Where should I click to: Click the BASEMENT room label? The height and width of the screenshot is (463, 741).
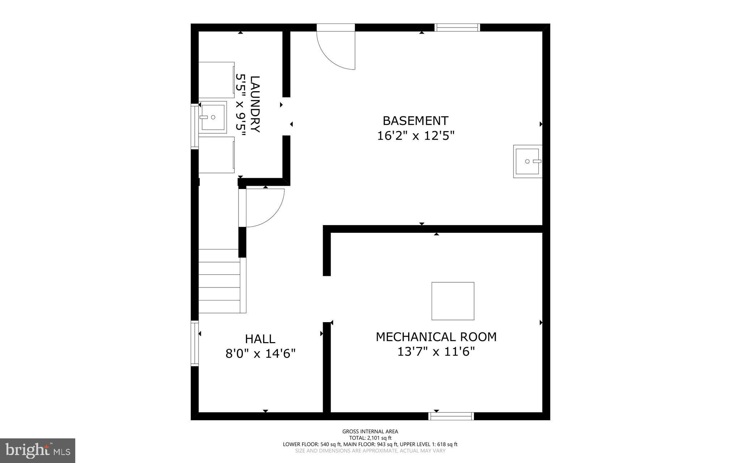tap(415, 121)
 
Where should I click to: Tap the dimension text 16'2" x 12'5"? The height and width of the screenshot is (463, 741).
tap(415, 136)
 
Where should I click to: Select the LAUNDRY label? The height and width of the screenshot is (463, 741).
tap(255, 104)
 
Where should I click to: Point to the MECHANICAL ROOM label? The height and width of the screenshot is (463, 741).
tap(436, 337)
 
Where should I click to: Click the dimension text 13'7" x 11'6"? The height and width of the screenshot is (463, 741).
tap(436, 352)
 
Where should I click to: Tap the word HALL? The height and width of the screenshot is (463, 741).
tap(260, 339)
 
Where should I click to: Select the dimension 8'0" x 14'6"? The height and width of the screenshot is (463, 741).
tap(261, 353)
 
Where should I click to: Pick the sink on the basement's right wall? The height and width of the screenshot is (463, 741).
tap(528, 161)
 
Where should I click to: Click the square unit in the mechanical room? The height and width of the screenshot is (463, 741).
tap(453, 301)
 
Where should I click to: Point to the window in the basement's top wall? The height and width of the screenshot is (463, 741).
tap(457, 28)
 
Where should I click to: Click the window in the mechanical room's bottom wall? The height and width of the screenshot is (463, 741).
tap(451, 416)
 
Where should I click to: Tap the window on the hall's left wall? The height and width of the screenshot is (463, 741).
tap(195, 343)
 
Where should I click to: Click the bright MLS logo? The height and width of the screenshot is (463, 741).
tap(38, 450)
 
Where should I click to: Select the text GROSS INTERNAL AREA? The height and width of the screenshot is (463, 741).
tap(370, 432)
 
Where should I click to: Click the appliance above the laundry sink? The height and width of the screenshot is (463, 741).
tap(216, 80)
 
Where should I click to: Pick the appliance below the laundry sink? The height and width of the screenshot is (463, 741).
tap(216, 155)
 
